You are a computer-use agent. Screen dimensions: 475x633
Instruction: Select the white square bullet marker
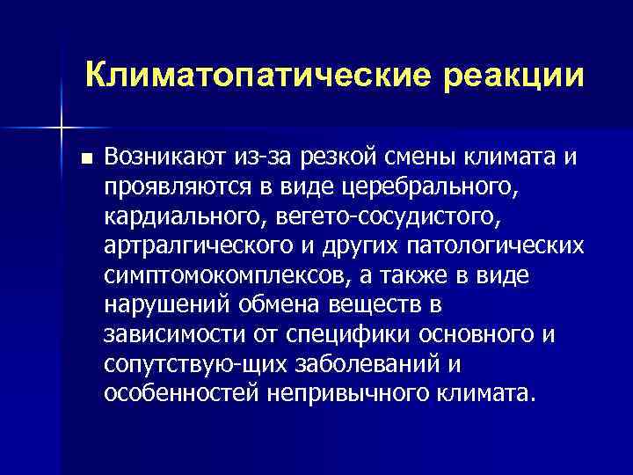pos(84,158)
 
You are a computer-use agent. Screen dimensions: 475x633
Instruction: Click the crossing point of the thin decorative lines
pos(61,128)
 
